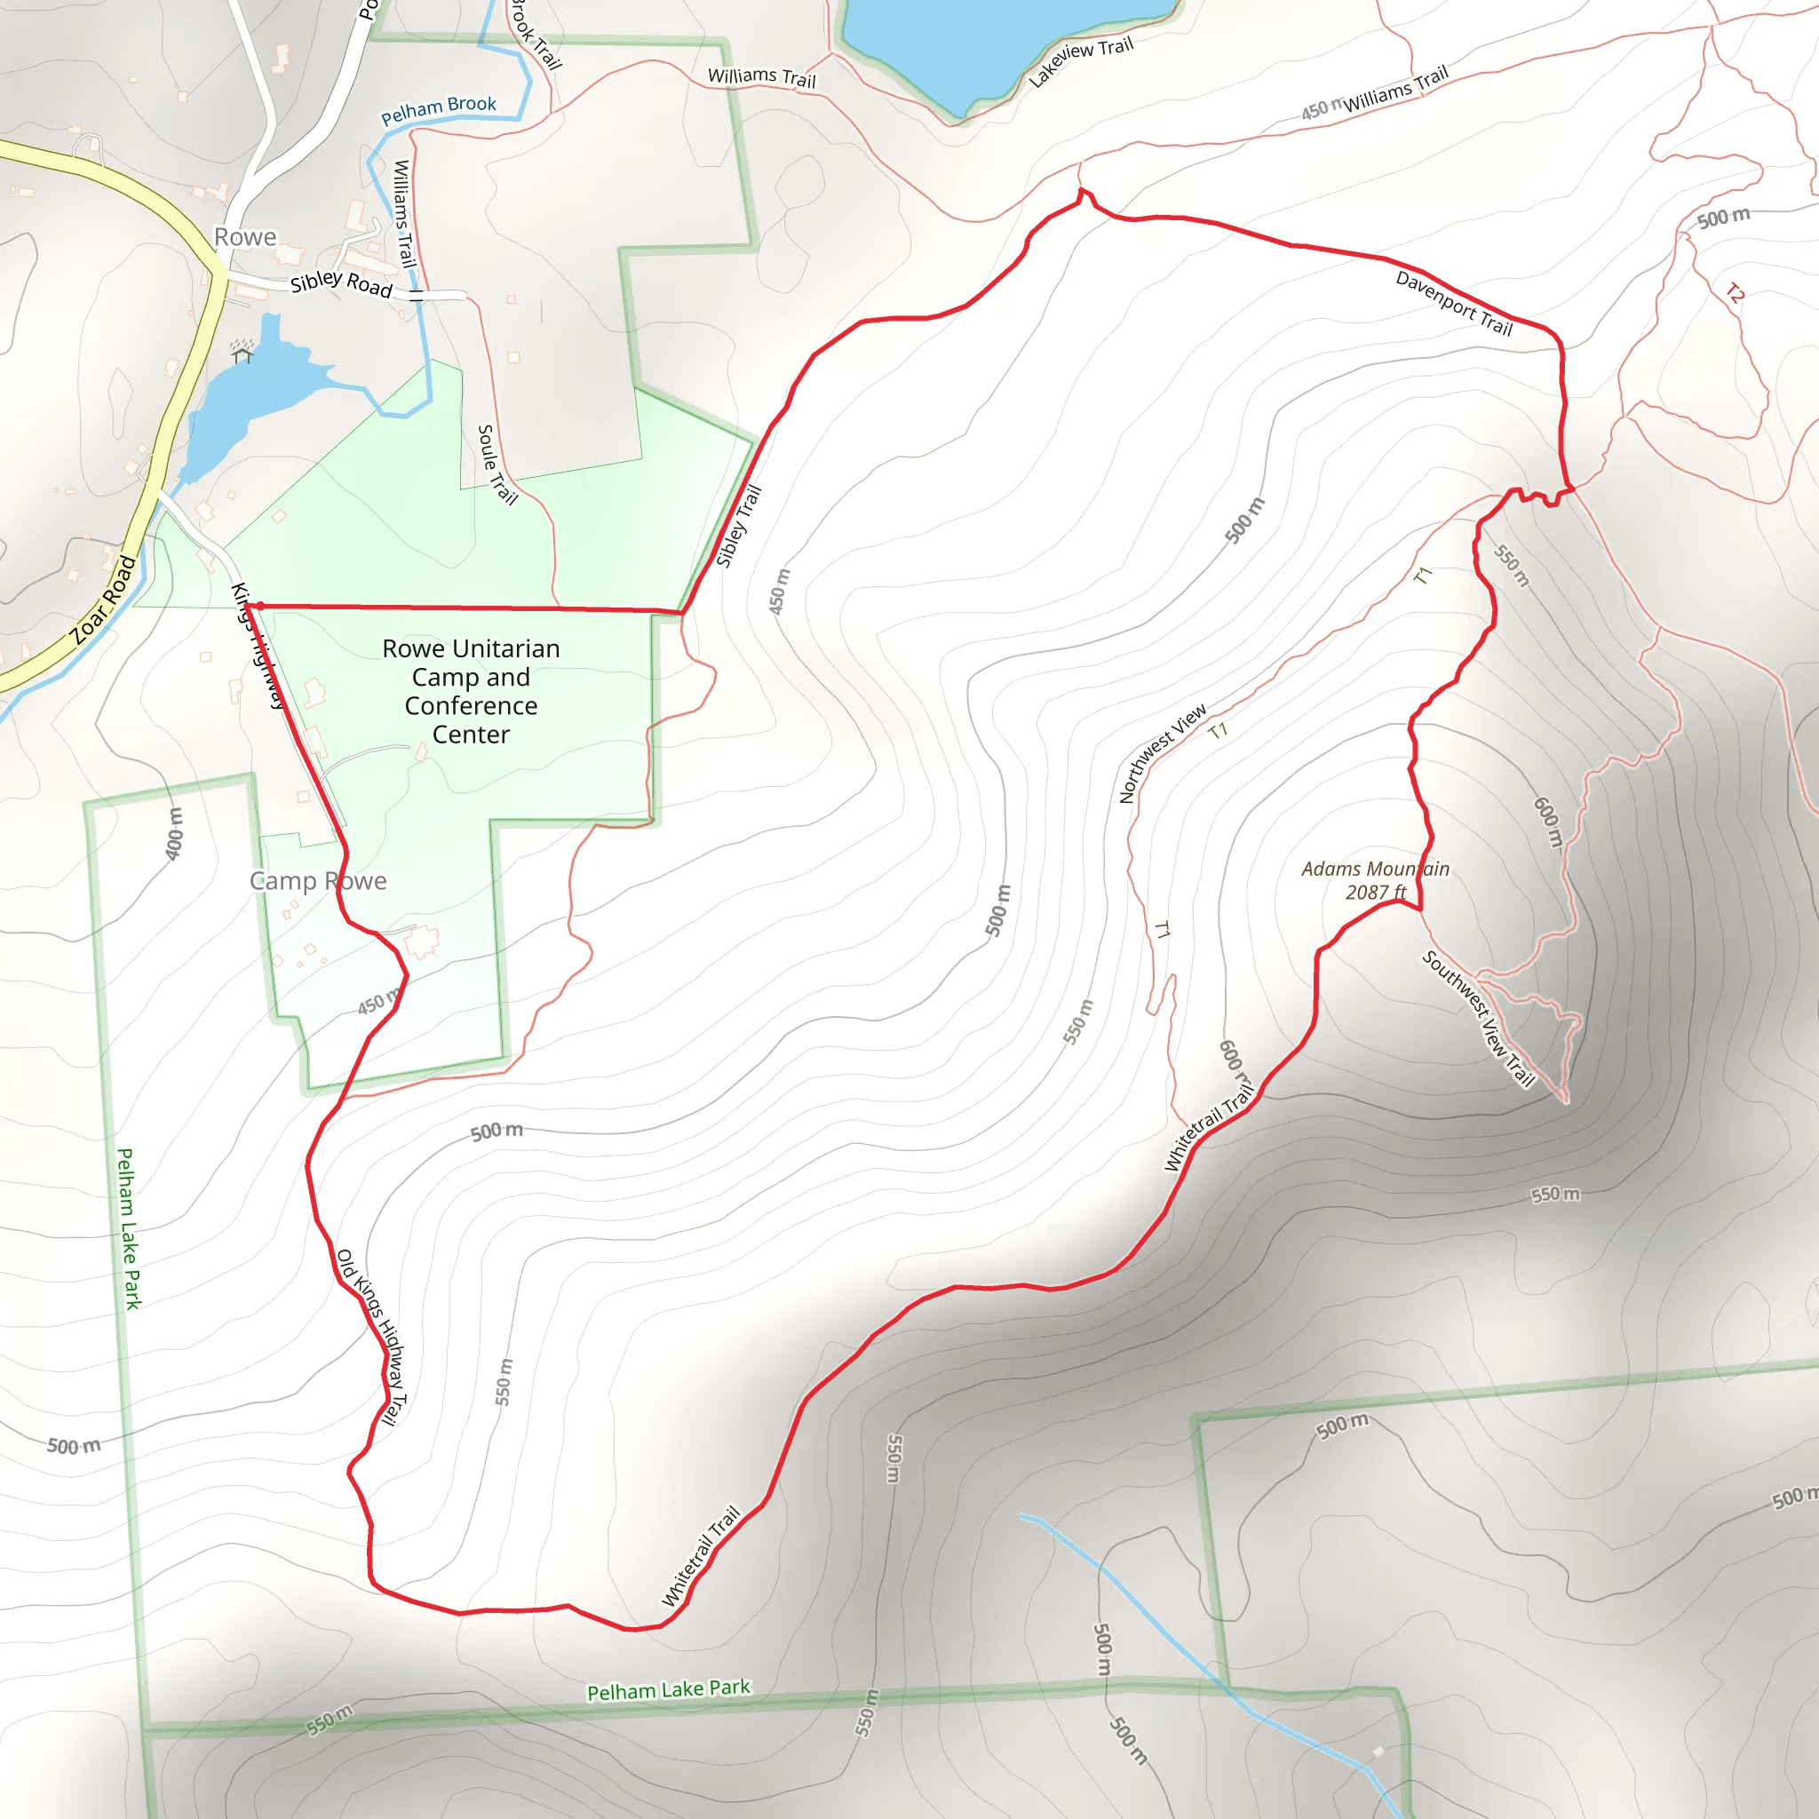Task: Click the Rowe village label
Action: click(x=245, y=236)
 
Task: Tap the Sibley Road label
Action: click(x=341, y=282)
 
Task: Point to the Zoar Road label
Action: click(x=103, y=600)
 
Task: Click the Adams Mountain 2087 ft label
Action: click(x=1375, y=879)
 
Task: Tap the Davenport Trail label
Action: click(x=1454, y=303)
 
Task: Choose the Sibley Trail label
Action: click(x=738, y=526)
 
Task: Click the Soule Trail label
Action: click(x=497, y=465)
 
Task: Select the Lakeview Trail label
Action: click(x=1080, y=62)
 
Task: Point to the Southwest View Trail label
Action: click(x=1478, y=1019)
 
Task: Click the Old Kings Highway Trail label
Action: click(x=373, y=1337)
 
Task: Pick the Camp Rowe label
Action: click(x=318, y=880)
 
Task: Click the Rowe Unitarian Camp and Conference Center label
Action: click(x=471, y=691)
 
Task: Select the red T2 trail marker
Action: click(x=1736, y=294)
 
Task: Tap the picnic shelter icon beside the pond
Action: click(x=242, y=353)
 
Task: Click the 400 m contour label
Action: click(x=174, y=833)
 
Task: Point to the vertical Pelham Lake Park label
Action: click(x=128, y=1228)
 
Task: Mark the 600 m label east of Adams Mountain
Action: click(x=1548, y=821)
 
